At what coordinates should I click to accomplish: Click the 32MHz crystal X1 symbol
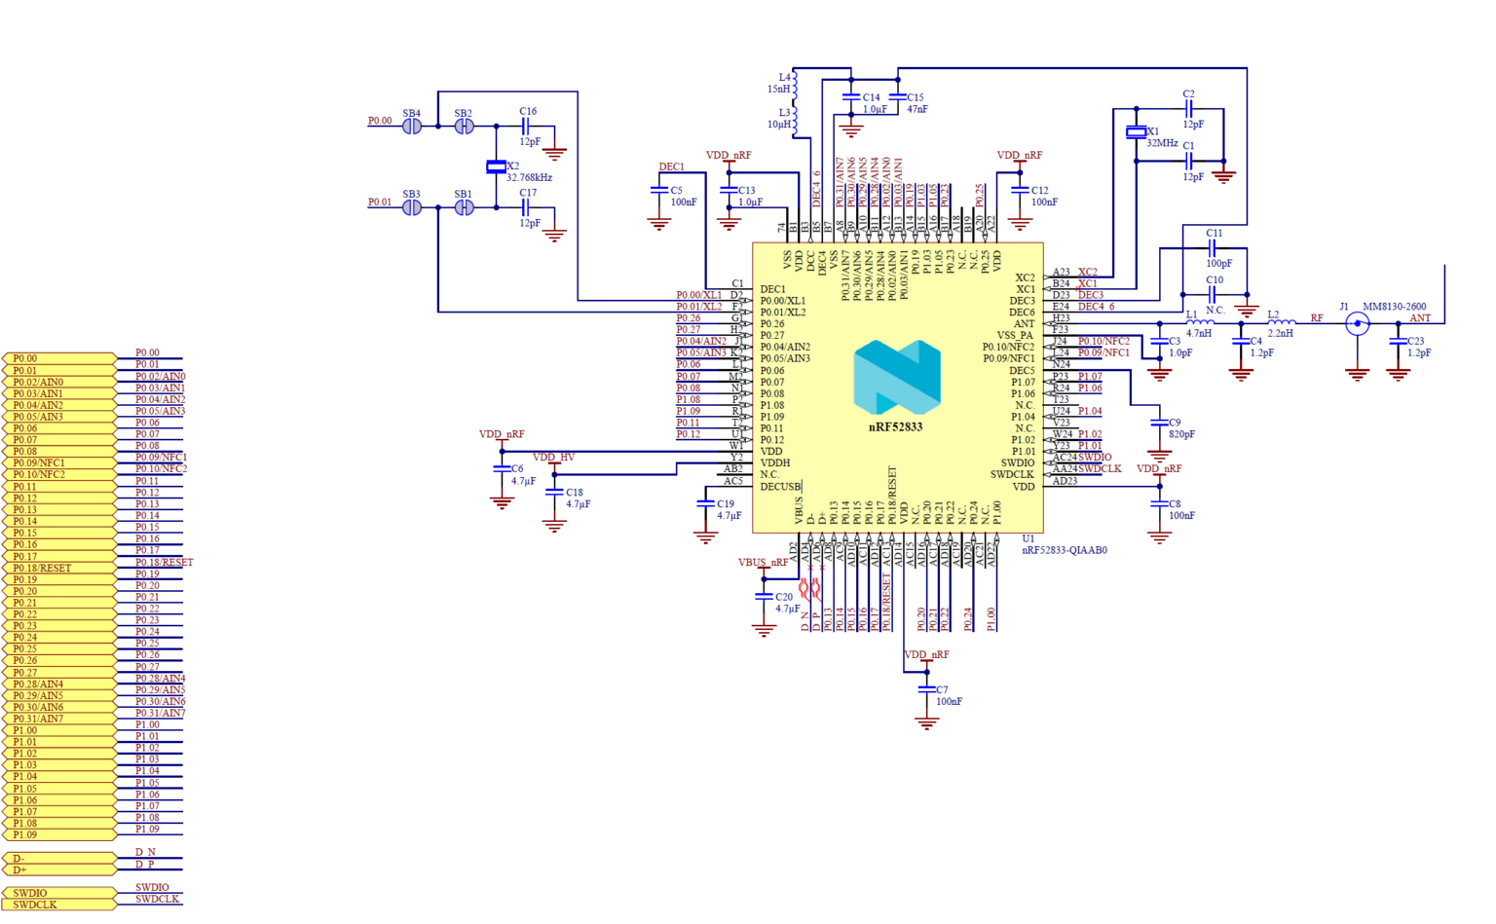click(x=1136, y=132)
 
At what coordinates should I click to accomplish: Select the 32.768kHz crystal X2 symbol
click(x=496, y=166)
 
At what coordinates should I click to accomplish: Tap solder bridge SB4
click(x=412, y=126)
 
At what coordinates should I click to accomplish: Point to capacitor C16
click(x=526, y=126)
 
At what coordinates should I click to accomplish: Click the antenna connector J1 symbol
click(x=1357, y=323)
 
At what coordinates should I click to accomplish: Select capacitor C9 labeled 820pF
click(x=1159, y=423)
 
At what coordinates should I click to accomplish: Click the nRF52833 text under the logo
click(x=896, y=426)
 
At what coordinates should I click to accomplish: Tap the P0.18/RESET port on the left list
click(x=58, y=568)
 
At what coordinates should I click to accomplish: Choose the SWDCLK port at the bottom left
click(x=58, y=905)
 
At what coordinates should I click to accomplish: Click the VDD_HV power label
click(x=553, y=457)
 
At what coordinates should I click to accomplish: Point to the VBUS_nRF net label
click(x=763, y=562)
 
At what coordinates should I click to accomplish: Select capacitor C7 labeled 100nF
click(x=926, y=688)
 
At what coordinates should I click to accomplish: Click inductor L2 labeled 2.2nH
click(x=1281, y=322)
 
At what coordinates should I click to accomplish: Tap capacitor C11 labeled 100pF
click(x=1213, y=247)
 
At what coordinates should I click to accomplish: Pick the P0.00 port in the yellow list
click(x=58, y=358)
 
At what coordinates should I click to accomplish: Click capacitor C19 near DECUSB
click(x=706, y=503)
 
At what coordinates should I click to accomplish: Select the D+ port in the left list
click(x=58, y=869)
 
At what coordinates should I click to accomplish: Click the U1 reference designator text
click(x=1028, y=538)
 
